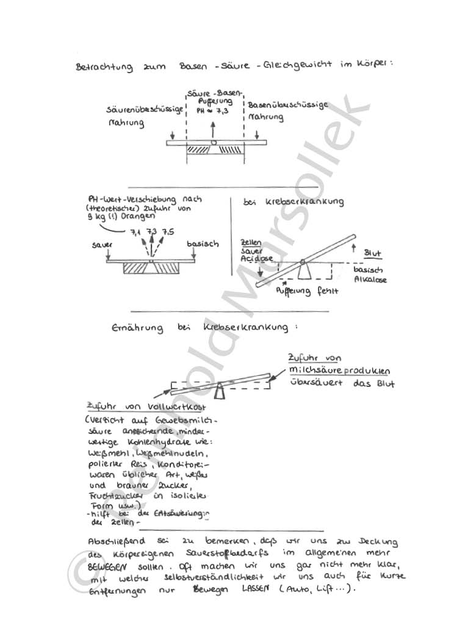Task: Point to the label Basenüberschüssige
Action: (287, 105)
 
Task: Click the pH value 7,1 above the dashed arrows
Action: (135, 232)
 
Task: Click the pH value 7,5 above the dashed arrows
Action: (168, 232)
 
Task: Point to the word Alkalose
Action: (370, 280)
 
